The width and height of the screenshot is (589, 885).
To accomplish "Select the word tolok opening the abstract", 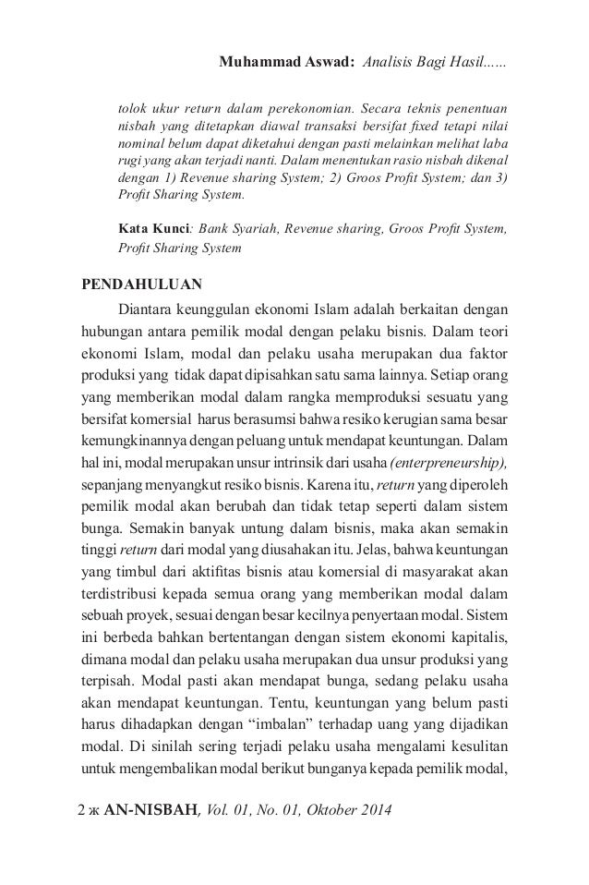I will [132, 104].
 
